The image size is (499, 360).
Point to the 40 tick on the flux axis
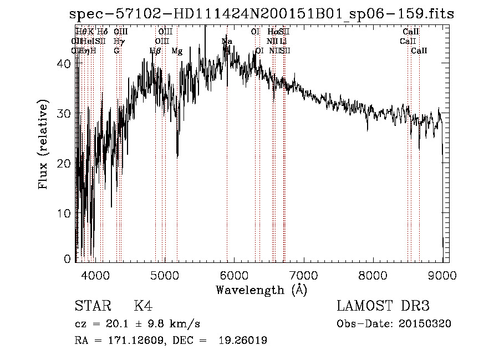coord(66,63)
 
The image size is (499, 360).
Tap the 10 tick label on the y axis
coord(66,214)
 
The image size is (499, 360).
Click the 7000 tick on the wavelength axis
coord(303,274)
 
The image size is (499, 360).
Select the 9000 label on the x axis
coord(442,274)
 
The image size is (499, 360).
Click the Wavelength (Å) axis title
coord(261,289)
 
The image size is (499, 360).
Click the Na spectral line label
coord(227,42)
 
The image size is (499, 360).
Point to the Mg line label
coord(177,51)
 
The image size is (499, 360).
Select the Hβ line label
coord(155,51)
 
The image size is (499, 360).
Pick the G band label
coord(116,51)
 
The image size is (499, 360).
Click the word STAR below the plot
coord(91,306)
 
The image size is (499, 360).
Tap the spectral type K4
coord(143,306)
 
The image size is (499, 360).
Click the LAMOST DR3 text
coord(383,306)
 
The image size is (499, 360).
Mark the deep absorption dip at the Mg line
coord(177,155)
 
